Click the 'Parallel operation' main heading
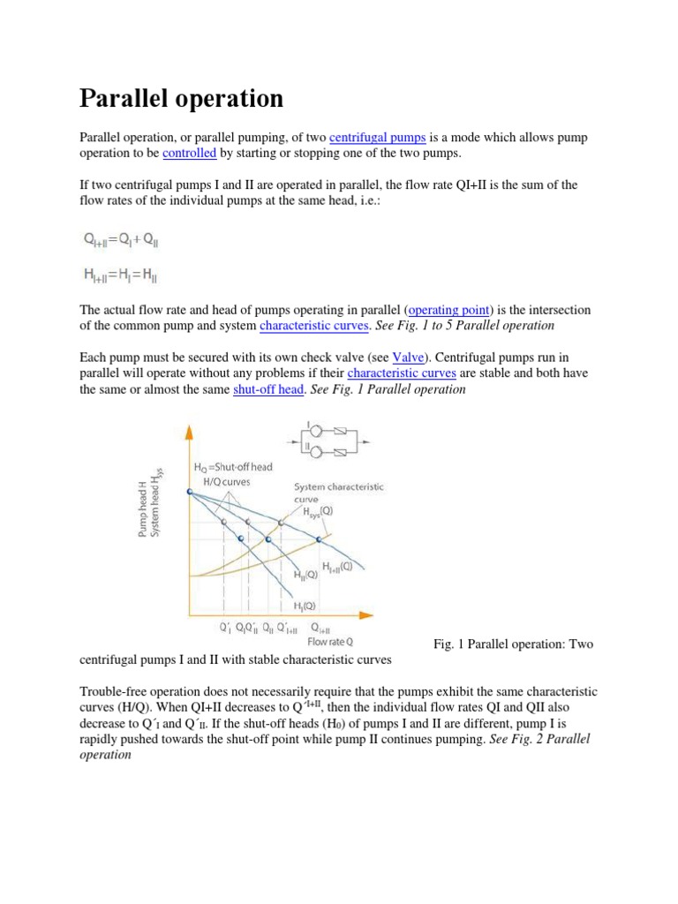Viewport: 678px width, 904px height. (x=182, y=98)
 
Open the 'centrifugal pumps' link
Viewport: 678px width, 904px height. (x=378, y=139)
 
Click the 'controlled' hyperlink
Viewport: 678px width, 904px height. (x=190, y=154)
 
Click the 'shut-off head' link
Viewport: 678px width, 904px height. (x=268, y=389)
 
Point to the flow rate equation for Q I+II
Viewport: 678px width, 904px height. (x=120, y=239)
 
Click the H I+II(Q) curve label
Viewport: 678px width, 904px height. (x=337, y=566)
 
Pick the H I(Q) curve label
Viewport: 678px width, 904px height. (x=305, y=606)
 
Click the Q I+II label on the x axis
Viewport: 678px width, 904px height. (x=321, y=629)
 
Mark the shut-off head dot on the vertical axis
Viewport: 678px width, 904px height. (x=189, y=492)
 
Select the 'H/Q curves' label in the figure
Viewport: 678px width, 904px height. (x=227, y=482)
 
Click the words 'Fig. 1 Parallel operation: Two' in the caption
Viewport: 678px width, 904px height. (x=513, y=644)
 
